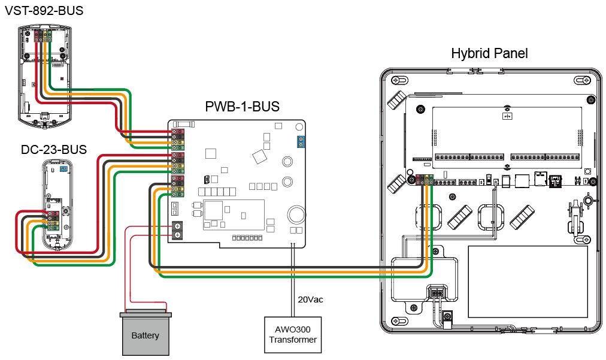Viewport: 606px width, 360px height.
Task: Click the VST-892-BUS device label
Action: (x=44, y=11)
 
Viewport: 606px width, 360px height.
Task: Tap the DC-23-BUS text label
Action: (x=53, y=150)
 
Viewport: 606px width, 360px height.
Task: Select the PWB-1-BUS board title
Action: (x=242, y=108)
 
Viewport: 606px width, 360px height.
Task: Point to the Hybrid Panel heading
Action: (x=489, y=54)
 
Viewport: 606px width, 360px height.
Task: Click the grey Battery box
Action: (x=145, y=334)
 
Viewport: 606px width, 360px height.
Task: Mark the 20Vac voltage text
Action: (x=310, y=299)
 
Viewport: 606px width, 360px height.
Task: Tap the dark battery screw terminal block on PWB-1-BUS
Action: (x=177, y=231)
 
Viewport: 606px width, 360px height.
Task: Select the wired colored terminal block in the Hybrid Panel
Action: (x=425, y=178)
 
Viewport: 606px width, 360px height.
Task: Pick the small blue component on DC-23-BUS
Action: (x=63, y=170)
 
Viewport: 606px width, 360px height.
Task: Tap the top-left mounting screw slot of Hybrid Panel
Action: (x=396, y=80)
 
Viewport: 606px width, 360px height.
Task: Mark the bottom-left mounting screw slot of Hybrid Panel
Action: (x=396, y=323)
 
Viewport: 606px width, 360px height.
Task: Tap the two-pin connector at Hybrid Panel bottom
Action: (x=437, y=293)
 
